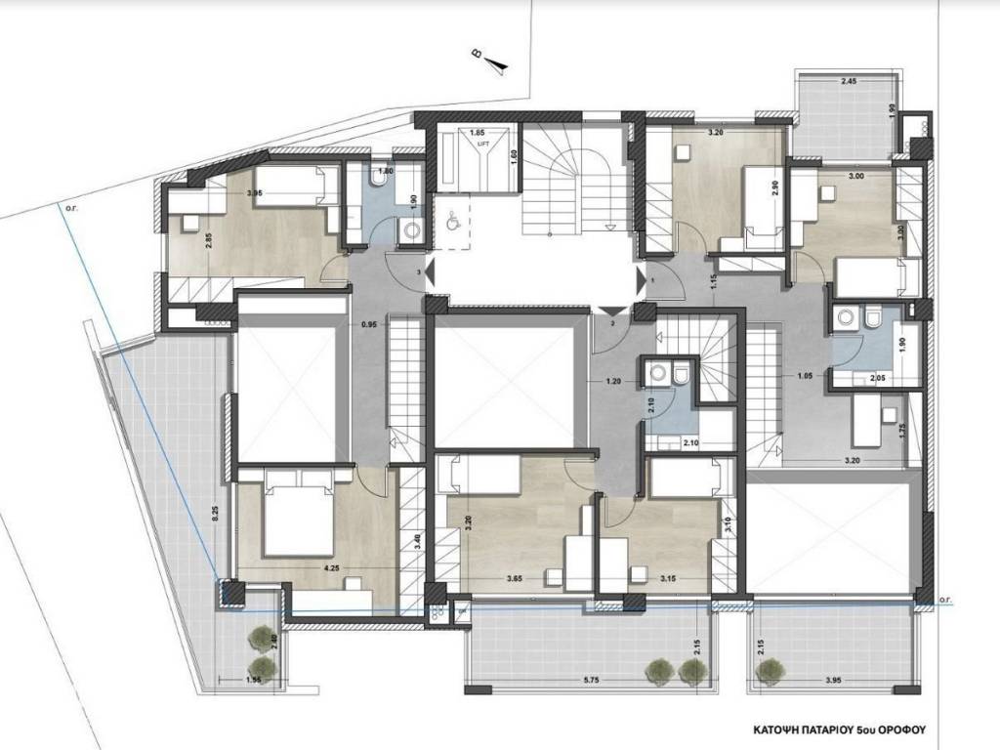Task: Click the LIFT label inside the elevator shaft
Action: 482,142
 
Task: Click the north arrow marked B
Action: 497,62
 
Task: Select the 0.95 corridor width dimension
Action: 369,324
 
